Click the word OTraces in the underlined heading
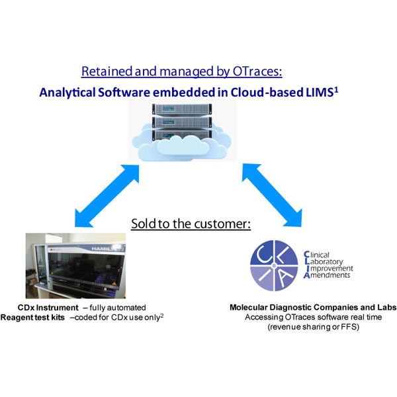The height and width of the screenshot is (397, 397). click(257, 71)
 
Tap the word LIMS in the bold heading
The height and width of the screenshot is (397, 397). click(319, 93)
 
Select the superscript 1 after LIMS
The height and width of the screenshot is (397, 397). click(336, 89)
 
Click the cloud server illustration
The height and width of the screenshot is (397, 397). click(182, 132)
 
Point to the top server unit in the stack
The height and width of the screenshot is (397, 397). click(182, 109)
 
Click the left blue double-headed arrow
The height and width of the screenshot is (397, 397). click(107, 196)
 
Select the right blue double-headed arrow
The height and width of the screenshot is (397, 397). click(272, 195)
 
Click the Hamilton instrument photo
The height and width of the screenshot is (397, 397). click(75, 265)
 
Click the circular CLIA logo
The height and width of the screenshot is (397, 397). click(274, 265)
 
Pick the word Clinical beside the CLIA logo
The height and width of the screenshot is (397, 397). click(316, 255)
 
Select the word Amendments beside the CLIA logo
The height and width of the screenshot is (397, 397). click(327, 275)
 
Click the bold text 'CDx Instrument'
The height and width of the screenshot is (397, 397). click(48, 308)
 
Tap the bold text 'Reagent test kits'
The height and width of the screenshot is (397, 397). click(32, 317)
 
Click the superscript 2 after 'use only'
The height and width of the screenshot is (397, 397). click(162, 316)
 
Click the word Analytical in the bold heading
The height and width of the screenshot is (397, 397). click(67, 93)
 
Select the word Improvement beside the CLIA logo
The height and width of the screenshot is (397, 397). click(328, 268)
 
